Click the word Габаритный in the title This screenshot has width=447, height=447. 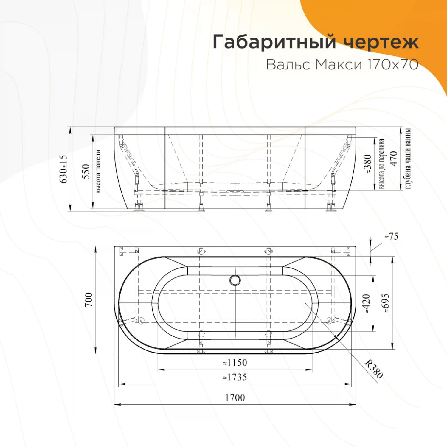tap(274, 42)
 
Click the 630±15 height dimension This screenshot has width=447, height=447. tap(63, 169)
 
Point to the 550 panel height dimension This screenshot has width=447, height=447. tap(86, 171)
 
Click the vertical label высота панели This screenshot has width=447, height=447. tap(98, 171)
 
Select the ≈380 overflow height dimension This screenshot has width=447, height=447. tap(367, 164)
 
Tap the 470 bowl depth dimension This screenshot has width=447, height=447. tap(394, 159)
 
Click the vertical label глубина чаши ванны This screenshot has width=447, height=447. tap(408, 159)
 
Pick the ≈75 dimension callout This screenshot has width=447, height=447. tap(391, 237)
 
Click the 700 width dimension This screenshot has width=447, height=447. tap(89, 299)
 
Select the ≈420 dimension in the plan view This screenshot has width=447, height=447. tap(367, 303)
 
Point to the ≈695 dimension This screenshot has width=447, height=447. tap(386, 303)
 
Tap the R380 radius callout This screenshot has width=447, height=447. tap(374, 369)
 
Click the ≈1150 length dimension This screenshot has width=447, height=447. tap(235, 363)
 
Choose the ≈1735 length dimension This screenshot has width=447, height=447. tap(235, 377)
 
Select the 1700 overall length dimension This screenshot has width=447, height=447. tap(235, 398)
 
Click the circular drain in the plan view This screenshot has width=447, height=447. tap(235, 280)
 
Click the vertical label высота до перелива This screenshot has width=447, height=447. tap(382, 164)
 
